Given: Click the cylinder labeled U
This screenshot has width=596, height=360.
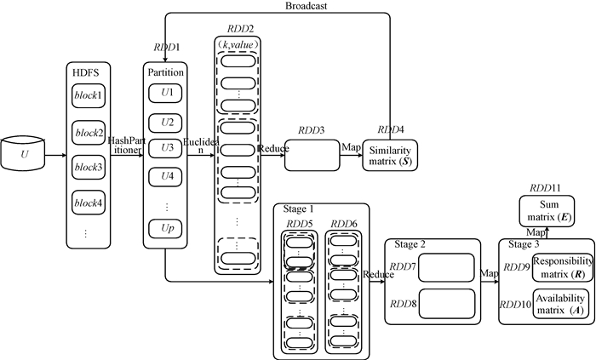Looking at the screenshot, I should tap(26, 157).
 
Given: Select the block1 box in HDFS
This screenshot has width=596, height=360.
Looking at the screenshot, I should tap(89, 94).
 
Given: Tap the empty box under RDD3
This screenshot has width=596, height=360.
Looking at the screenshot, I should tap(311, 157).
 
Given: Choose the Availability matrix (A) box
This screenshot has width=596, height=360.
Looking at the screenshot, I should tap(558, 303).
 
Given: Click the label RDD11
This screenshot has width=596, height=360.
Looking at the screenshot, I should tap(544, 187).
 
